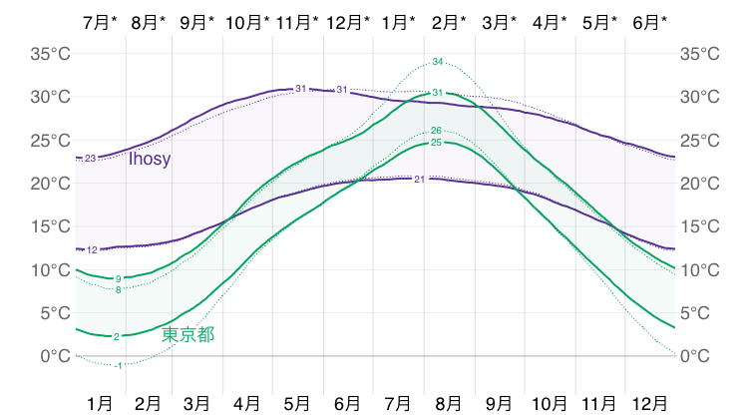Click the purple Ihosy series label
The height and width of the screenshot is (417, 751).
click(x=150, y=159)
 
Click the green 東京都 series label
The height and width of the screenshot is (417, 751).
click(x=188, y=334)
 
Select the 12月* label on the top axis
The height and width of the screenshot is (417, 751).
click(x=348, y=21)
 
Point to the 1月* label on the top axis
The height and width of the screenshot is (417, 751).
click(x=400, y=21)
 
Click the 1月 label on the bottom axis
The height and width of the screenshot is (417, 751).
click(x=100, y=403)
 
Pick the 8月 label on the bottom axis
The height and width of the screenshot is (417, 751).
click(x=450, y=403)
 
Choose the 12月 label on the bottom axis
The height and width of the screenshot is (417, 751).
click(x=650, y=403)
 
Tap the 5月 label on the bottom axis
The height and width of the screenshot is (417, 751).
click(x=297, y=403)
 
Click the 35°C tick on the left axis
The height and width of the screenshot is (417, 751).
click(x=48, y=54)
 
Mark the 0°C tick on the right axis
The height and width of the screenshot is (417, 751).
click(x=698, y=356)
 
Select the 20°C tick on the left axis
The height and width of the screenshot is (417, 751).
click(x=48, y=184)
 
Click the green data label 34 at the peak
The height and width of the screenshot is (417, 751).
click(x=437, y=62)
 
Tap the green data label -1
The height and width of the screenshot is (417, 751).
click(x=119, y=366)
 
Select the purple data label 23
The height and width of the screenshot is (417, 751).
click(x=90, y=159)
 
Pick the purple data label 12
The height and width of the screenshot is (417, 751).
click(x=92, y=249)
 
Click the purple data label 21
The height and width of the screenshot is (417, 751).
click(x=419, y=180)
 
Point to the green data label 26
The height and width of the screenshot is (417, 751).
click(x=436, y=131)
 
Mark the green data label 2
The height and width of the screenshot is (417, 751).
click(x=117, y=337)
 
